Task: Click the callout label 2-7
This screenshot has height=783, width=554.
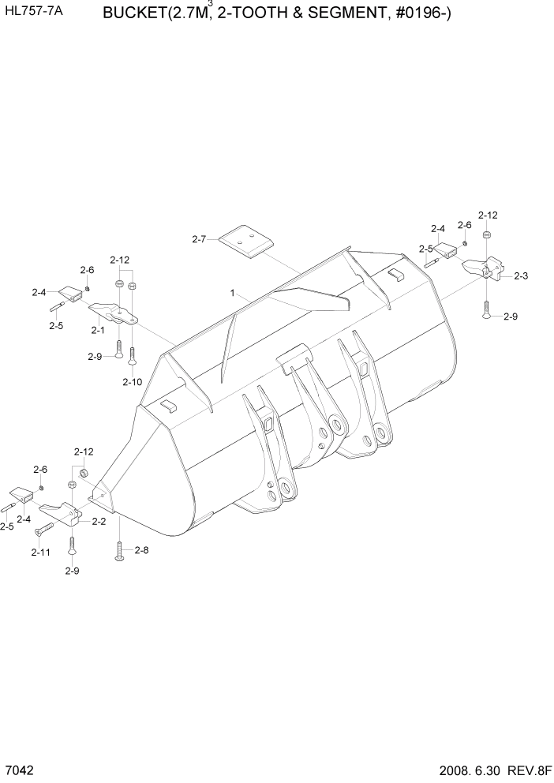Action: click(x=198, y=238)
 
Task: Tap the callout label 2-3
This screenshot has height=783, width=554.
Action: click(x=521, y=276)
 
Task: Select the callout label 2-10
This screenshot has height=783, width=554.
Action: click(x=132, y=382)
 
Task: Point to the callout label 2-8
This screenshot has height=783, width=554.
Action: click(x=141, y=551)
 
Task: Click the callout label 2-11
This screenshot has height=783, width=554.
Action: click(x=40, y=553)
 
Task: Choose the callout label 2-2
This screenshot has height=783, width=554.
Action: click(x=99, y=521)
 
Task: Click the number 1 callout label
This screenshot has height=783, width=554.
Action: click(x=233, y=293)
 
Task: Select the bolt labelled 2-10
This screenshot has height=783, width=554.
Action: click(x=132, y=360)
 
